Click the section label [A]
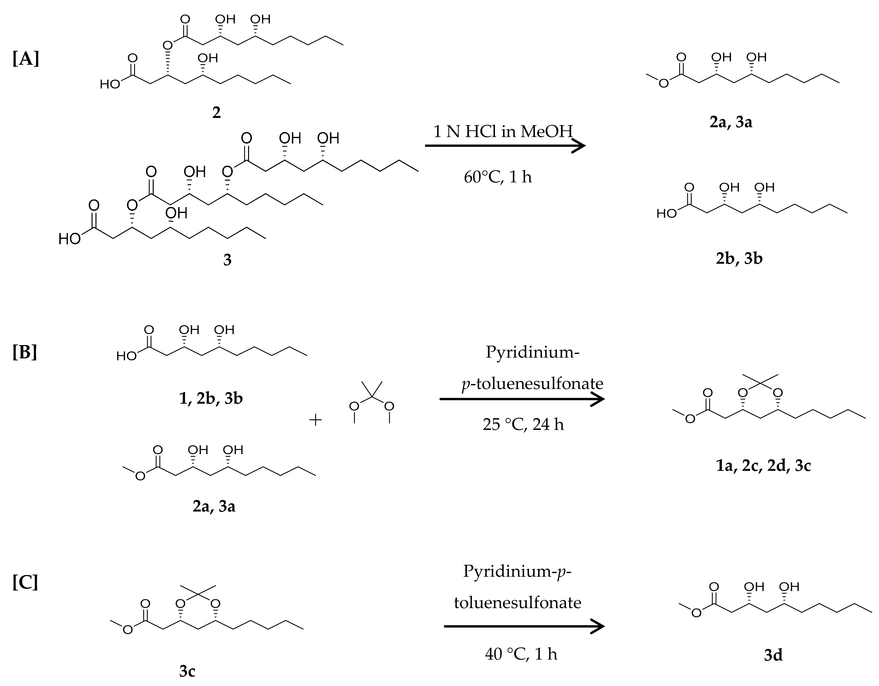pyautogui.click(x=26, y=59)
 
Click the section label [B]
pyautogui.click(x=25, y=352)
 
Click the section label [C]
pyautogui.click(x=25, y=582)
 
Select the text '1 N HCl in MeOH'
pyautogui.click(x=503, y=132)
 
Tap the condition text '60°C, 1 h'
pyautogui.click(x=498, y=177)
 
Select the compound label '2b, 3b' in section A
pyautogui.click(x=739, y=258)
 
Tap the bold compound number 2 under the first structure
pyautogui.click(x=216, y=113)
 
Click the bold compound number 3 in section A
pyautogui.click(x=227, y=260)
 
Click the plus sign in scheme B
pyautogui.click(x=315, y=420)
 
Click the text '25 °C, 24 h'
pyautogui.click(x=523, y=424)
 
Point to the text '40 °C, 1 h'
pyautogui.click(x=521, y=654)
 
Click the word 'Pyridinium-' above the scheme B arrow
pyautogui.click(x=532, y=352)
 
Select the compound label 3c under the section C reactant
pyautogui.click(x=187, y=671)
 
